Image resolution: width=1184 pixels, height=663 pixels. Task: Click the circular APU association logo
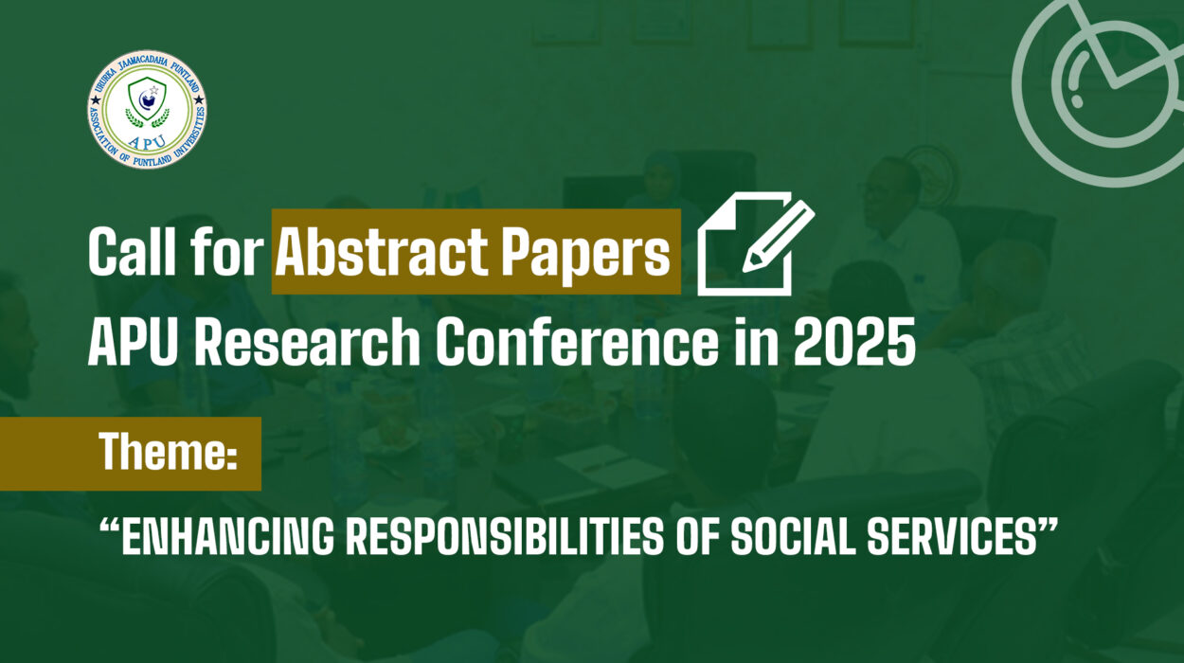147,110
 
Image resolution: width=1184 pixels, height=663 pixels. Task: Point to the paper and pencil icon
756,243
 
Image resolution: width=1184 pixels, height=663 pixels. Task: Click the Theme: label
167,452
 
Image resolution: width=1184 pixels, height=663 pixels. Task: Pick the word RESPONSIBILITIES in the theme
504,537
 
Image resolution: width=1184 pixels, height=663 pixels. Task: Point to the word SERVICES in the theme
951,537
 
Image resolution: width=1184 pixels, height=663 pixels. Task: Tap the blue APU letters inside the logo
148,141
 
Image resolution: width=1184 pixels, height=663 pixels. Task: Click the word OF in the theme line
697,537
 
